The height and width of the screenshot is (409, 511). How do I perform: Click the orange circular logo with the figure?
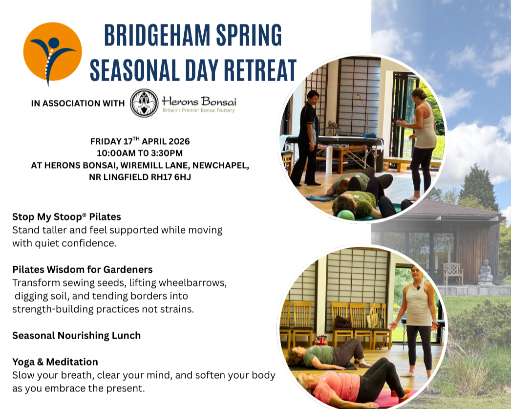(52, 52)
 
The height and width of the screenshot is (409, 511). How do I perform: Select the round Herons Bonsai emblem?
(144, 103)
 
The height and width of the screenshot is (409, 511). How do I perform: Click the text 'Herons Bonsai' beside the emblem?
(198, 101)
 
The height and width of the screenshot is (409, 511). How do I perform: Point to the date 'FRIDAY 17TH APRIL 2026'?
(140, 141)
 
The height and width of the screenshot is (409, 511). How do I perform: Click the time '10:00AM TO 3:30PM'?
(140, 153)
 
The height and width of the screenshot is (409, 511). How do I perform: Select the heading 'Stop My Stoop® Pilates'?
(66, 216)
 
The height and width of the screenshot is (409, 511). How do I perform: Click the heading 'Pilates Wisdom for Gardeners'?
(82, 269)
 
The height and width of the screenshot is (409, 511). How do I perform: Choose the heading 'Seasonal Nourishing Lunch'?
(76, 335)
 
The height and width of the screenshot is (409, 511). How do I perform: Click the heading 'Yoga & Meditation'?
(55, 362)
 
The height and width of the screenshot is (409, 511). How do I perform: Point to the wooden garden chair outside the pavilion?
(453, 274)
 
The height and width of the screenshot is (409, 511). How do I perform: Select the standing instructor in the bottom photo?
(418, 318)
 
